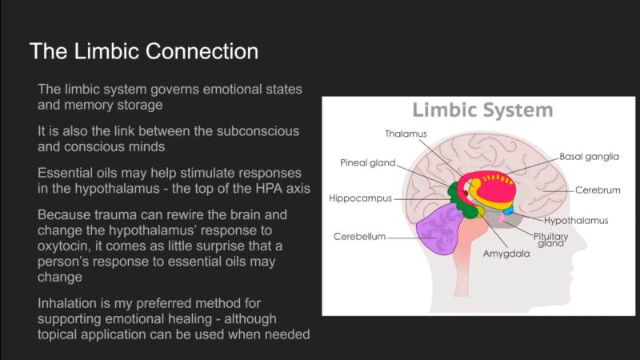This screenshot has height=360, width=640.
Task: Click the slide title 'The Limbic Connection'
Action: pos(143,52)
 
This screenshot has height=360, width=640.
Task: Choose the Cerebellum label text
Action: pos(359,237)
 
